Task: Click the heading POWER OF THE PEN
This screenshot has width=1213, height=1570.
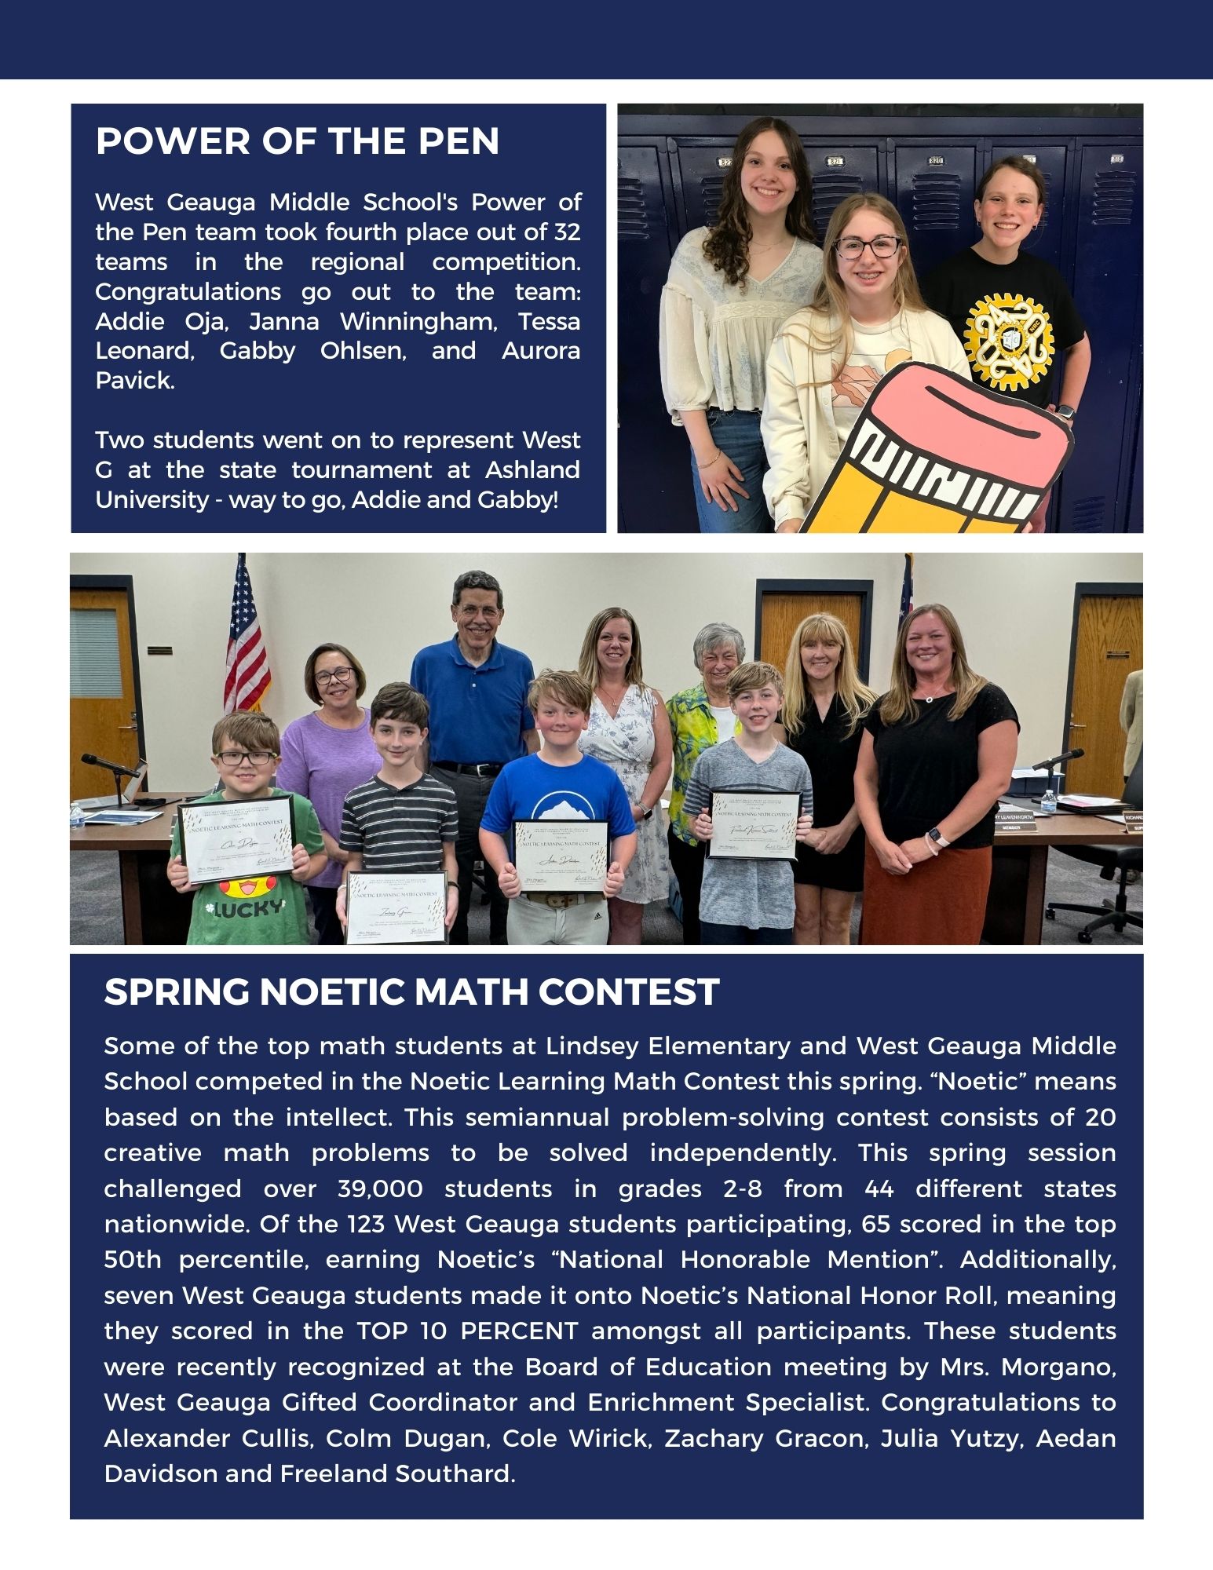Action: [x=297, y=141]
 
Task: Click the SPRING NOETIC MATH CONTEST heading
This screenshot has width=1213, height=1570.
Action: [x=411, y=991]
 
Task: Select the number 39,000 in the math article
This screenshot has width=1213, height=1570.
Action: [x=380, y=1188]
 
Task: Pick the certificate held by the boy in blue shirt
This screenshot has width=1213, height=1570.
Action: [x=562, y=856]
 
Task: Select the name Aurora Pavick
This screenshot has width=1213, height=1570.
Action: [x=338, y=366]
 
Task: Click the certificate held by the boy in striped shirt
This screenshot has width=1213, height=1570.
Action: [x=397, y=907]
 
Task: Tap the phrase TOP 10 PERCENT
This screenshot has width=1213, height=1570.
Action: [x=468, y=1331]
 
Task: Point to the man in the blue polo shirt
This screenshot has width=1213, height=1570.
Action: [x=473, y=691]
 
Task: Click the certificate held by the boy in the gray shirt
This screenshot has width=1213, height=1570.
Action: [x=754, y=825]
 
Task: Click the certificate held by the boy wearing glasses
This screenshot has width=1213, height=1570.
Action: [x=236, y=840]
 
